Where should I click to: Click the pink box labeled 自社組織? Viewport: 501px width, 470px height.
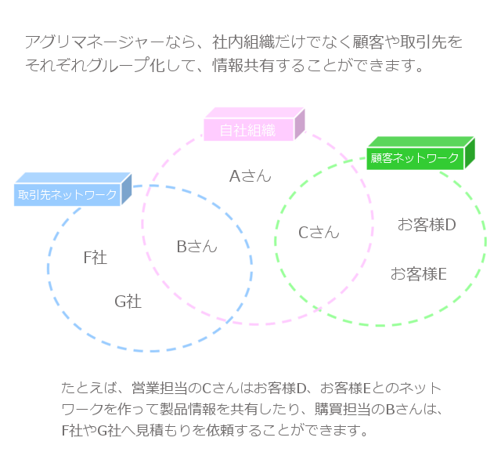coord(248,130)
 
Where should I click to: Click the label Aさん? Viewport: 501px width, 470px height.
coord(250,176)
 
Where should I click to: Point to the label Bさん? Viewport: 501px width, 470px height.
coord(196,247)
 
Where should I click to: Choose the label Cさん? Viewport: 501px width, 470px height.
coord(319,232)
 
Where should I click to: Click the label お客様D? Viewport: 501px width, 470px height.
coord(426,225)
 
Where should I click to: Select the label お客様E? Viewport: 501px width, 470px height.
coord(418,274)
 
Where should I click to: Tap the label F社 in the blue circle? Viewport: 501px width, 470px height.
coord(95,257)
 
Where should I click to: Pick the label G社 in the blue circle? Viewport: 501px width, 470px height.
coord(128,301)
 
